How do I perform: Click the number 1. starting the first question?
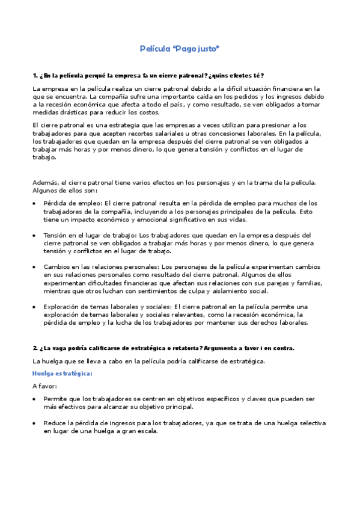click(x=35, y=75)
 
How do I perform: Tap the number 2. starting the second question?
click(x=35, y=348)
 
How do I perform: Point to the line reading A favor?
click(x=45, y=386)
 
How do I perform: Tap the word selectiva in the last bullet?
click(x=308, y=423)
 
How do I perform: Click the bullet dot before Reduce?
click(x=34, y=423)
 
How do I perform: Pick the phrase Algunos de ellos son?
click(x=61, y=190)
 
